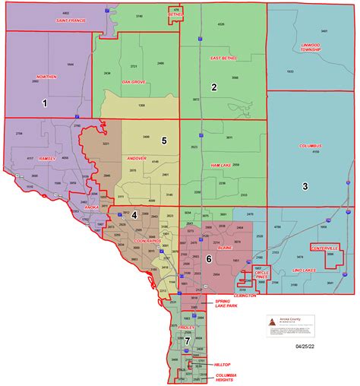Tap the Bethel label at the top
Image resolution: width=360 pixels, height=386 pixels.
(177, 13)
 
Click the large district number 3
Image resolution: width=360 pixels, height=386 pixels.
(305, 185)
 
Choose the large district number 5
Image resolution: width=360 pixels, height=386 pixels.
(164, 141)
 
